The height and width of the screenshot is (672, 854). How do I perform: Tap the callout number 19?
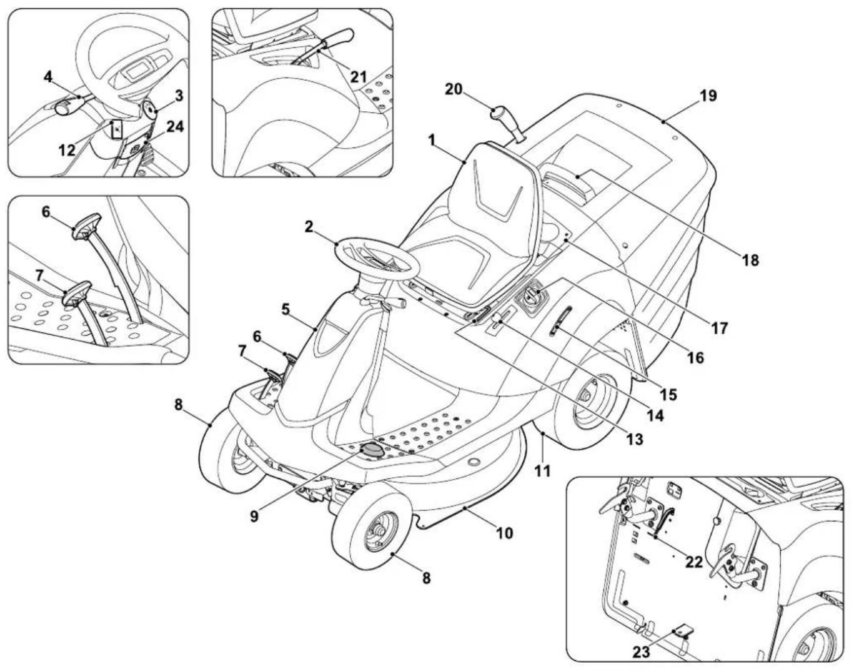click(x=708, y=96)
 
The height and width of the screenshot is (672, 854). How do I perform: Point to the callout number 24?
click(x=176, y=127)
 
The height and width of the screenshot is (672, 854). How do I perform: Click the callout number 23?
click(x=642, y=652)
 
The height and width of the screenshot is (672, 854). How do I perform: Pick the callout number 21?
click(x=358, y=76)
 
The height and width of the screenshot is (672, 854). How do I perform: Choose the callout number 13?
click(x=634, y=440)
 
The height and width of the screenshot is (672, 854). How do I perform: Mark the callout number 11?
click(x=542, y=470)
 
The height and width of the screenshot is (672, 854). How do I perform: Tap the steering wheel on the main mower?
click(x=377, y=257)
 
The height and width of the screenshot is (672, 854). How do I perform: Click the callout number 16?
click(x=695, y=357)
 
